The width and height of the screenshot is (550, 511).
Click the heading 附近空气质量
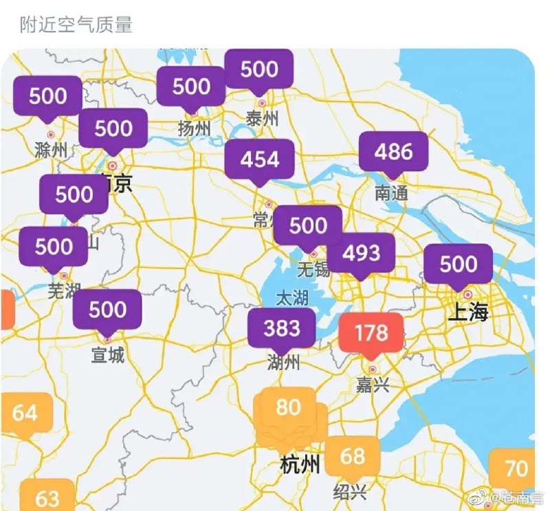point(76,25)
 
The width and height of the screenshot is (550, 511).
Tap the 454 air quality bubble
point(260,159)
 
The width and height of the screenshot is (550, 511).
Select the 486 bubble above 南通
point(394,152)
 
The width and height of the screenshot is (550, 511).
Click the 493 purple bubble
point(361,253)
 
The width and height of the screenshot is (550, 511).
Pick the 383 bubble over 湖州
point(282,328)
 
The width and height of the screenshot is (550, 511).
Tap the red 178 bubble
point(371,333)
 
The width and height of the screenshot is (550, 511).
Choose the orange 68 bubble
point(352,455)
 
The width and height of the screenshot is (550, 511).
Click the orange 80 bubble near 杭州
point(288,407)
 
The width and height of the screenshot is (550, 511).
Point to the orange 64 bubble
point(25,413)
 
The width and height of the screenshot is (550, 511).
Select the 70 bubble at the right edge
point(516,468)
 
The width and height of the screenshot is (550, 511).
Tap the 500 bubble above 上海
point(459,264)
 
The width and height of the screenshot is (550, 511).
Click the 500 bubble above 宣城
point(107,310)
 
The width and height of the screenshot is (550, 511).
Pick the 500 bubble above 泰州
point(259,69)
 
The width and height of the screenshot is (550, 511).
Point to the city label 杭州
point(300,466)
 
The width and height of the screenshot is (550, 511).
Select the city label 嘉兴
point(373,385)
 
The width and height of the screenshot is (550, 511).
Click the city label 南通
point(391,194)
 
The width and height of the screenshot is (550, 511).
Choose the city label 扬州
point(193,128)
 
